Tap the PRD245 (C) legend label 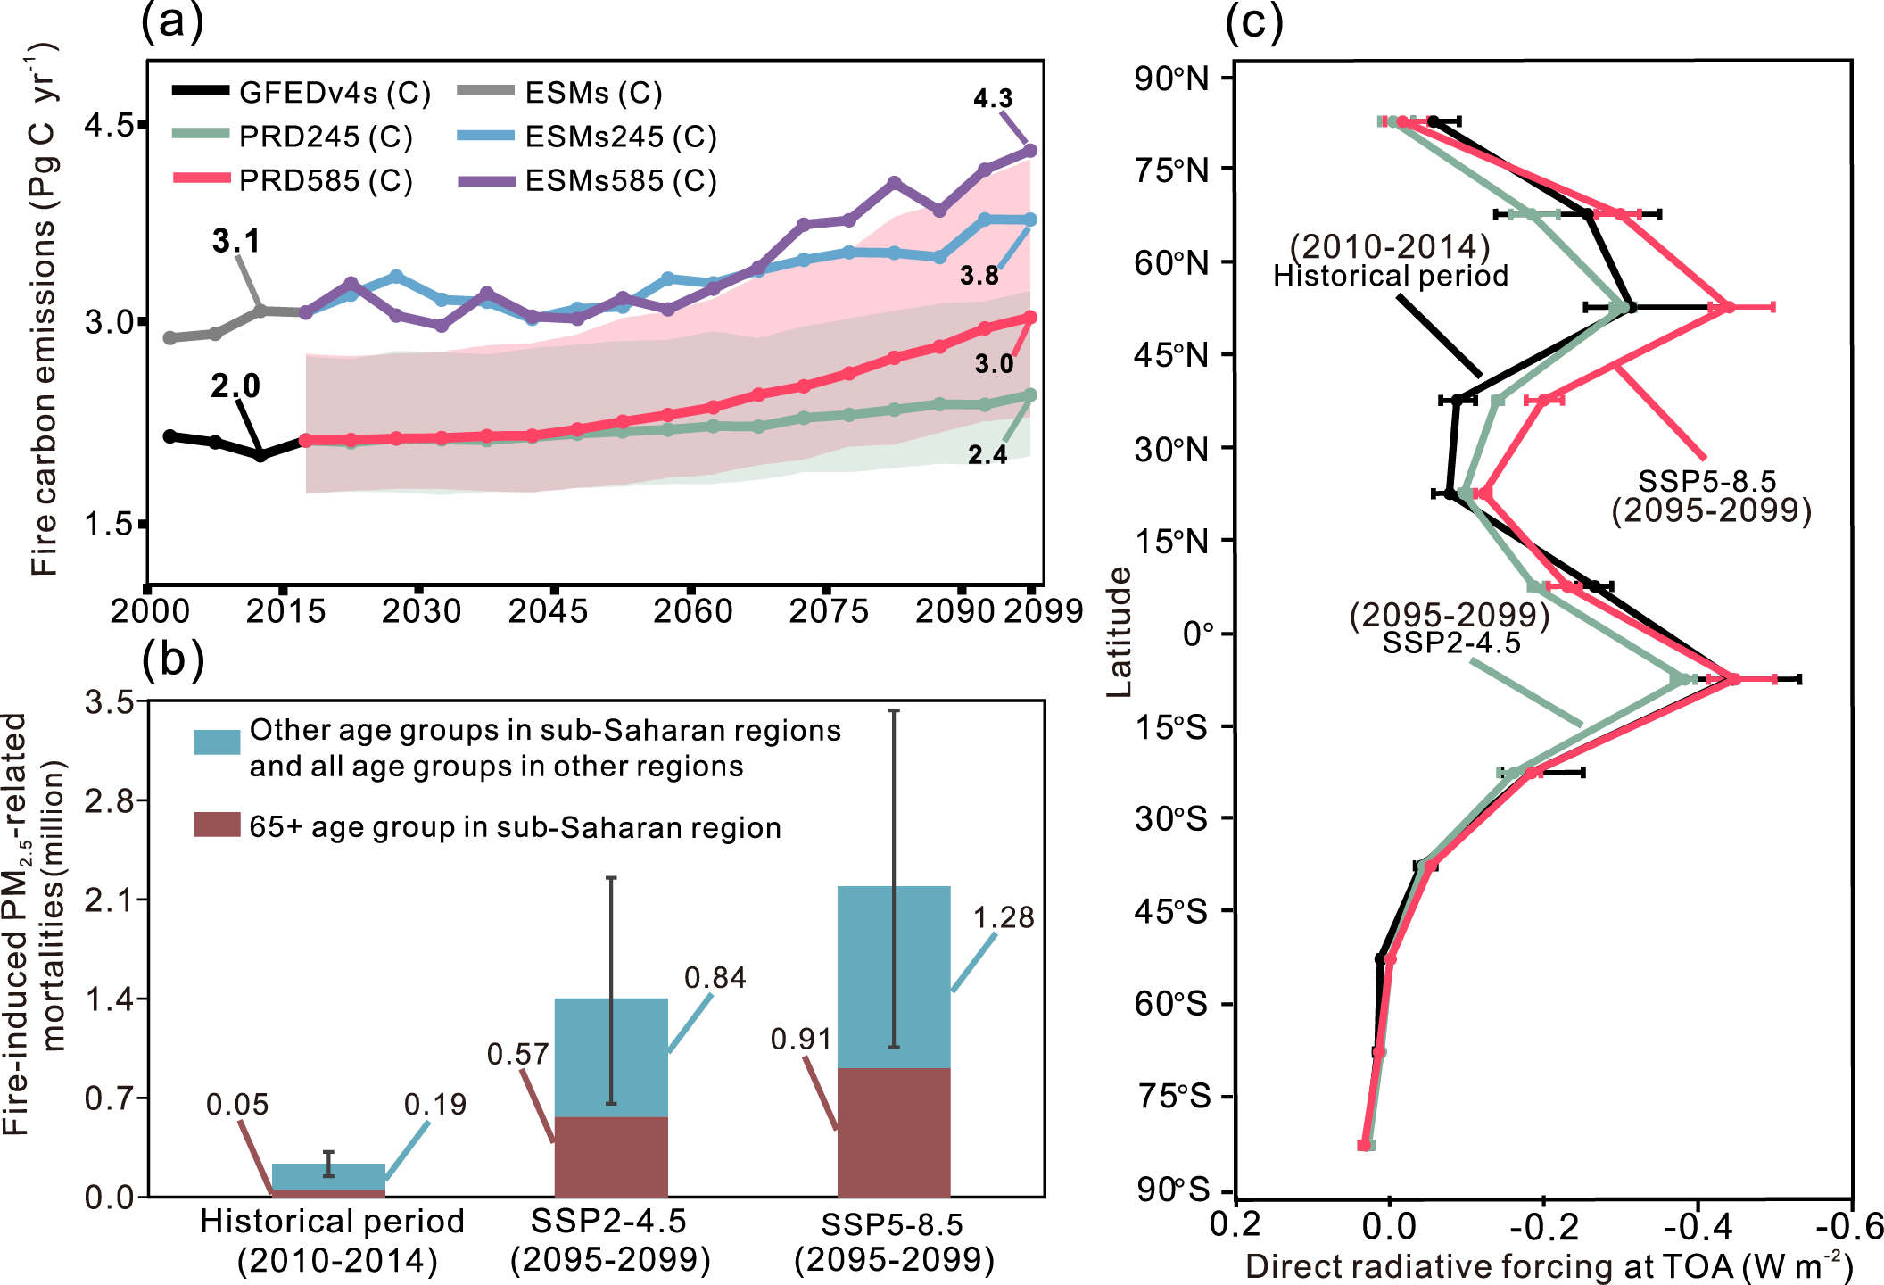click(326, 137)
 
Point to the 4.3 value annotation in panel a click(993, 98)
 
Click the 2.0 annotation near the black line click(235, 385)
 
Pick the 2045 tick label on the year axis click(548, 611)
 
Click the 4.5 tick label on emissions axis click(109, 125)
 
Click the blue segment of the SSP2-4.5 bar click(611, 1057)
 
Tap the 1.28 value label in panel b click(1004, 917)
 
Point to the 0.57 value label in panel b click(517, 1054)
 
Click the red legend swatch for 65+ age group click(217, 825)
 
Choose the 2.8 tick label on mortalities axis click(109, 800)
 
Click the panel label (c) click(1253, 21)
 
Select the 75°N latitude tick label click(1172, 170)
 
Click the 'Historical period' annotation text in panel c click(1390, 276)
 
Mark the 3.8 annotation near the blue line click(979, 276)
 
